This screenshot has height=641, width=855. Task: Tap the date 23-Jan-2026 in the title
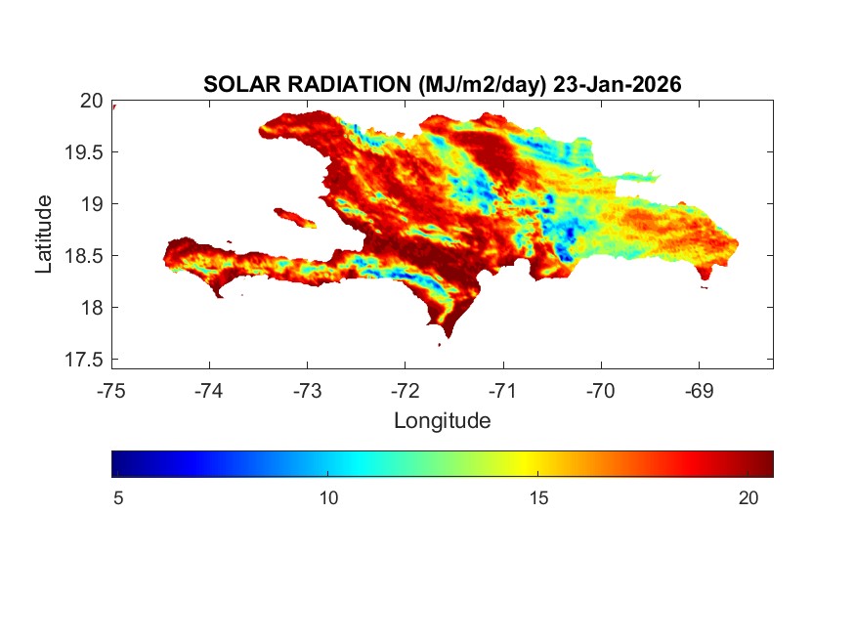click(617, 85)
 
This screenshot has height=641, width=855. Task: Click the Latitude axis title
click(44, 234)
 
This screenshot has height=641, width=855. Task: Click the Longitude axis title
click(442, 421)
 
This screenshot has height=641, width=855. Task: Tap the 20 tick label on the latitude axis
click(92, 100)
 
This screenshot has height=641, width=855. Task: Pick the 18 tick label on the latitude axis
click(92, 308)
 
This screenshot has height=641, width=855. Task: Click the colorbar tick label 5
click(118, 498)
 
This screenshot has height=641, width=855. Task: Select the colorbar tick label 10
click(328, 498)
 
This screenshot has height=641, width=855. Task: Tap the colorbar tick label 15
click(538, 498)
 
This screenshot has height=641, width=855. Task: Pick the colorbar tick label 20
click(748, 498)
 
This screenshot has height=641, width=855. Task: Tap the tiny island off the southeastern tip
click(705, 286)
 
